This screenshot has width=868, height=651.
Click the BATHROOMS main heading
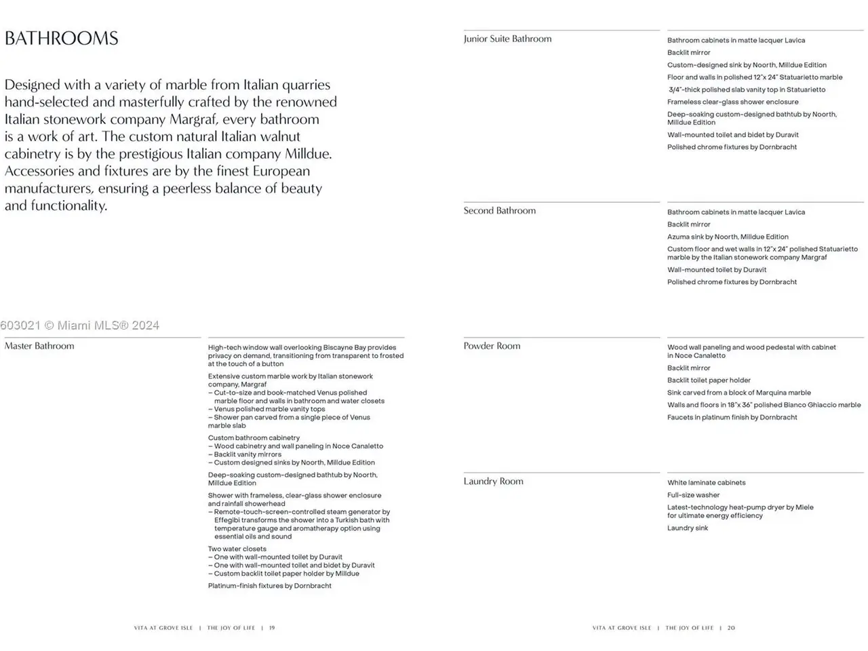(x=62, y=38)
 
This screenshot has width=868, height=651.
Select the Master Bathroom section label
(x=39, y=346)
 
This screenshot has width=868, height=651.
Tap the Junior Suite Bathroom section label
(x=507, y=39)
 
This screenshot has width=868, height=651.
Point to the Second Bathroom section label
(x=499, y=211)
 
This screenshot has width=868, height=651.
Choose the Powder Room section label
(x=492, y=346)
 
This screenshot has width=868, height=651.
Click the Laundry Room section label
(x=493, y=481)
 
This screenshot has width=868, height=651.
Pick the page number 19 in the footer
(x=272, y=628)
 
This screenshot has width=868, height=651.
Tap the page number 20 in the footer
(x=731, y=628)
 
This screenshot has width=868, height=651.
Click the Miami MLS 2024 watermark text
(x=80, y=325)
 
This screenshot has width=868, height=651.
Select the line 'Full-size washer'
(x=693, y=495)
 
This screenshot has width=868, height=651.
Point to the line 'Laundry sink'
(x=687, y=528)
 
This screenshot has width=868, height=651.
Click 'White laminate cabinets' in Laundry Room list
(x=706, y=483)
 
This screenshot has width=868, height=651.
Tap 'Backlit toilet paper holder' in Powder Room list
(x=709, y=380)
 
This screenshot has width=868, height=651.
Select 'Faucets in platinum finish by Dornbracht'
(x=732, y=418)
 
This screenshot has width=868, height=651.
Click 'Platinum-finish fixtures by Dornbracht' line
(x=269, y=586)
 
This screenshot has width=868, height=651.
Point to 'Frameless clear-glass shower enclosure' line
(x=732, y=102)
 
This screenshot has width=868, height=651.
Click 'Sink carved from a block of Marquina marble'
(x=738, y=393)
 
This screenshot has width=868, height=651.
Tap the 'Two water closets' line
(x=237, y=549)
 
